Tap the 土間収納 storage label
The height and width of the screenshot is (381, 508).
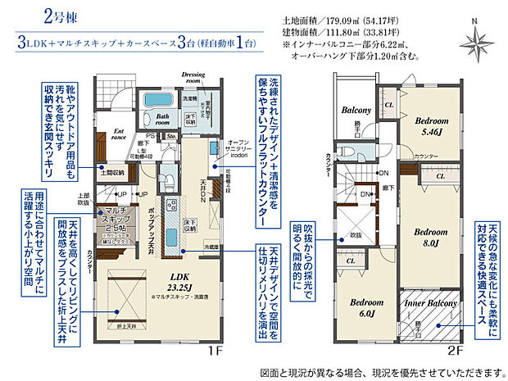click(x=111, y=172)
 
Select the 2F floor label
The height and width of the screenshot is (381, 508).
click(x=456, y=350)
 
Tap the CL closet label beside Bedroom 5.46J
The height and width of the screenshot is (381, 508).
click(x=388, y=107)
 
